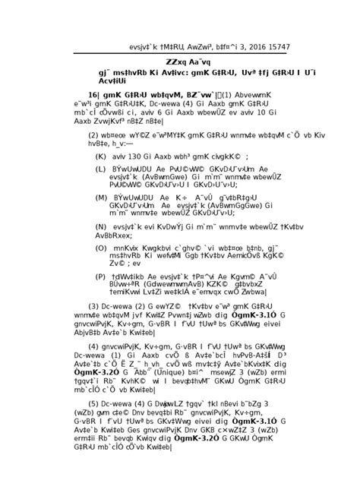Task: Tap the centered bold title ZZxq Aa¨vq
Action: pos(180,62)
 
